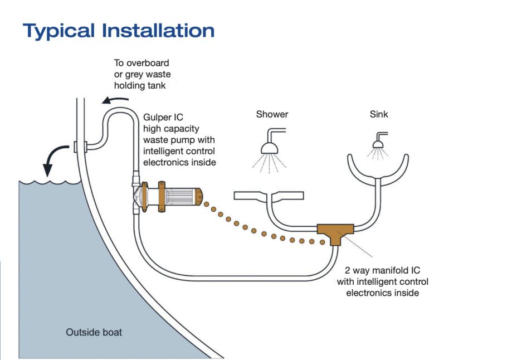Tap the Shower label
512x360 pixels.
point(272,115)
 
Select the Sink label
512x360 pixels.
point(379,115)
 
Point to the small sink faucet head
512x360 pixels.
point(378,144)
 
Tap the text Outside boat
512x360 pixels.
point(94,333)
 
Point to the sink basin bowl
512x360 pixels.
point(378,167)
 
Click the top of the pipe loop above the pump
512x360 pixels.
point(120,111)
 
